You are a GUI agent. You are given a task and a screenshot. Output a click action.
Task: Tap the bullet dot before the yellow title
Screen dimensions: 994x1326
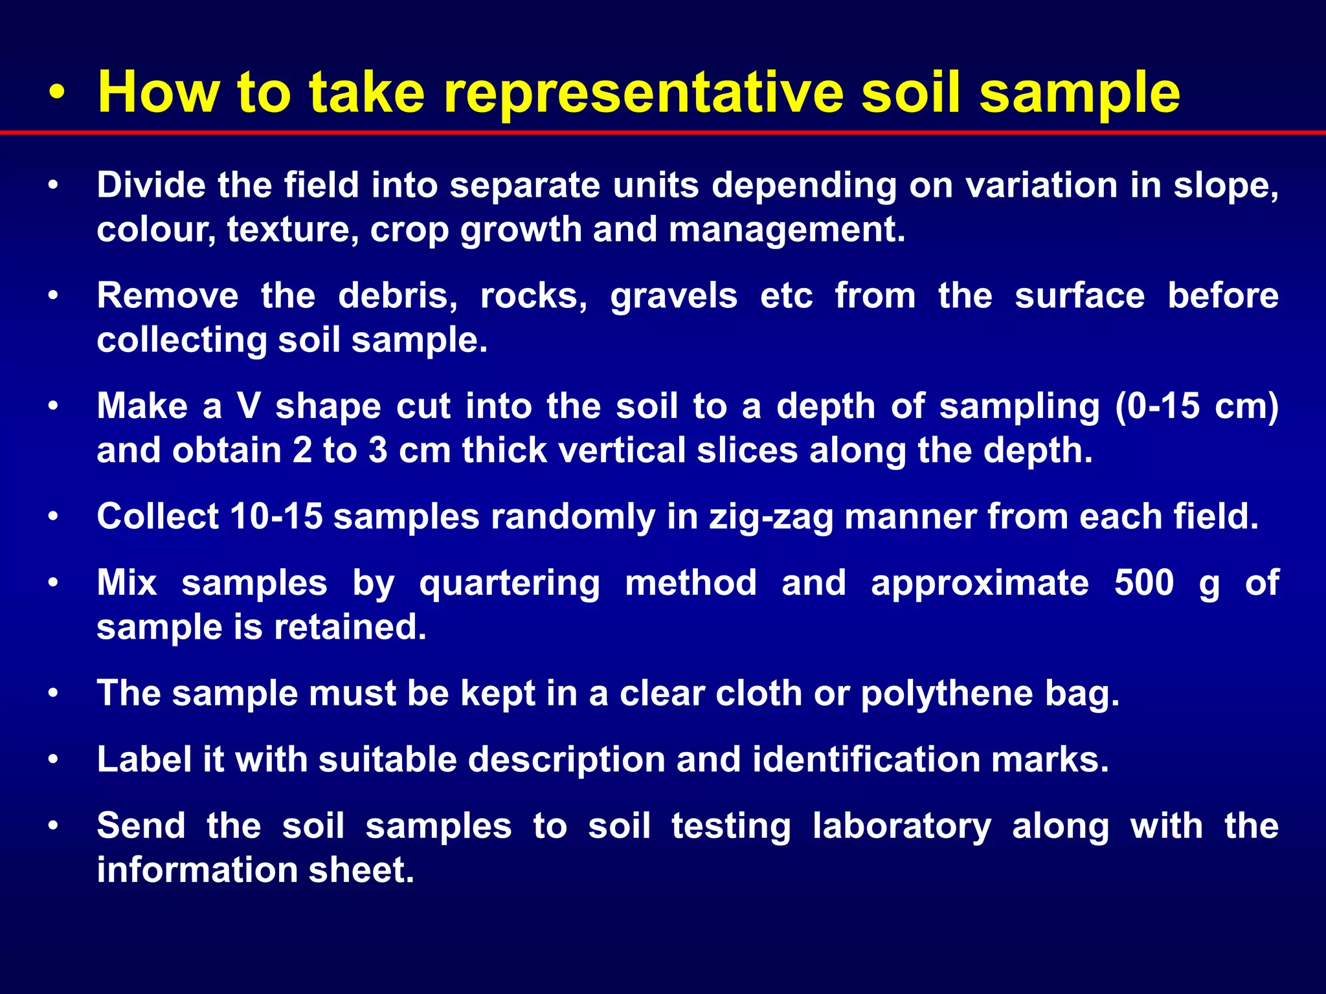57,96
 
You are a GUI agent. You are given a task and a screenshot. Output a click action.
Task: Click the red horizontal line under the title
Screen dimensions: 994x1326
663,133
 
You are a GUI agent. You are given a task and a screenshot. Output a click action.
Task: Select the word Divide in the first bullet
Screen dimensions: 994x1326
151,185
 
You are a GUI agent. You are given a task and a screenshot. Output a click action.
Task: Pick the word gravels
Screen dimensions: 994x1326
673,296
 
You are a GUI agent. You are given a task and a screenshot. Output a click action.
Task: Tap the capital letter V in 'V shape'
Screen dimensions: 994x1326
249,406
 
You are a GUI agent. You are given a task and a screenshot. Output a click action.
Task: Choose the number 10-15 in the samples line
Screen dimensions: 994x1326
276,516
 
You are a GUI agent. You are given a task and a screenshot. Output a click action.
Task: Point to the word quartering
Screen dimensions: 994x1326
510,584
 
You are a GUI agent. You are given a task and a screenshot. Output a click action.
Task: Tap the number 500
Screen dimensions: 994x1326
1143,582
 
